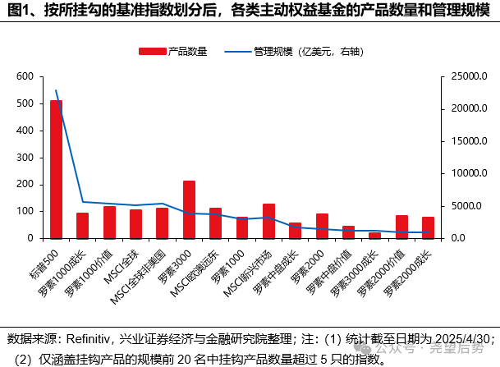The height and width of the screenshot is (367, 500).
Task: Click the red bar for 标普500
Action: (x=56, y=169)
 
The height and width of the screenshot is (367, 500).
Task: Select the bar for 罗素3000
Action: (x=189, y=209)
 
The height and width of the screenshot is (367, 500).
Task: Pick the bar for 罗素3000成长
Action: (x=374, y=235)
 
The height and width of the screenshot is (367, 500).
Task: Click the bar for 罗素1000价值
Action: (x=109, y=222)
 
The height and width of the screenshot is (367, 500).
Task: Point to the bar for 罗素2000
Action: (x=322, y=226)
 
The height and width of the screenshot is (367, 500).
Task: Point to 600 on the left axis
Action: (x=25, y=76)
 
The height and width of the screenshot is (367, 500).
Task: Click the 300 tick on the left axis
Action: (x=25, y=158)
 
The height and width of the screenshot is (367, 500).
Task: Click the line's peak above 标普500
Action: (x=56, y=90)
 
